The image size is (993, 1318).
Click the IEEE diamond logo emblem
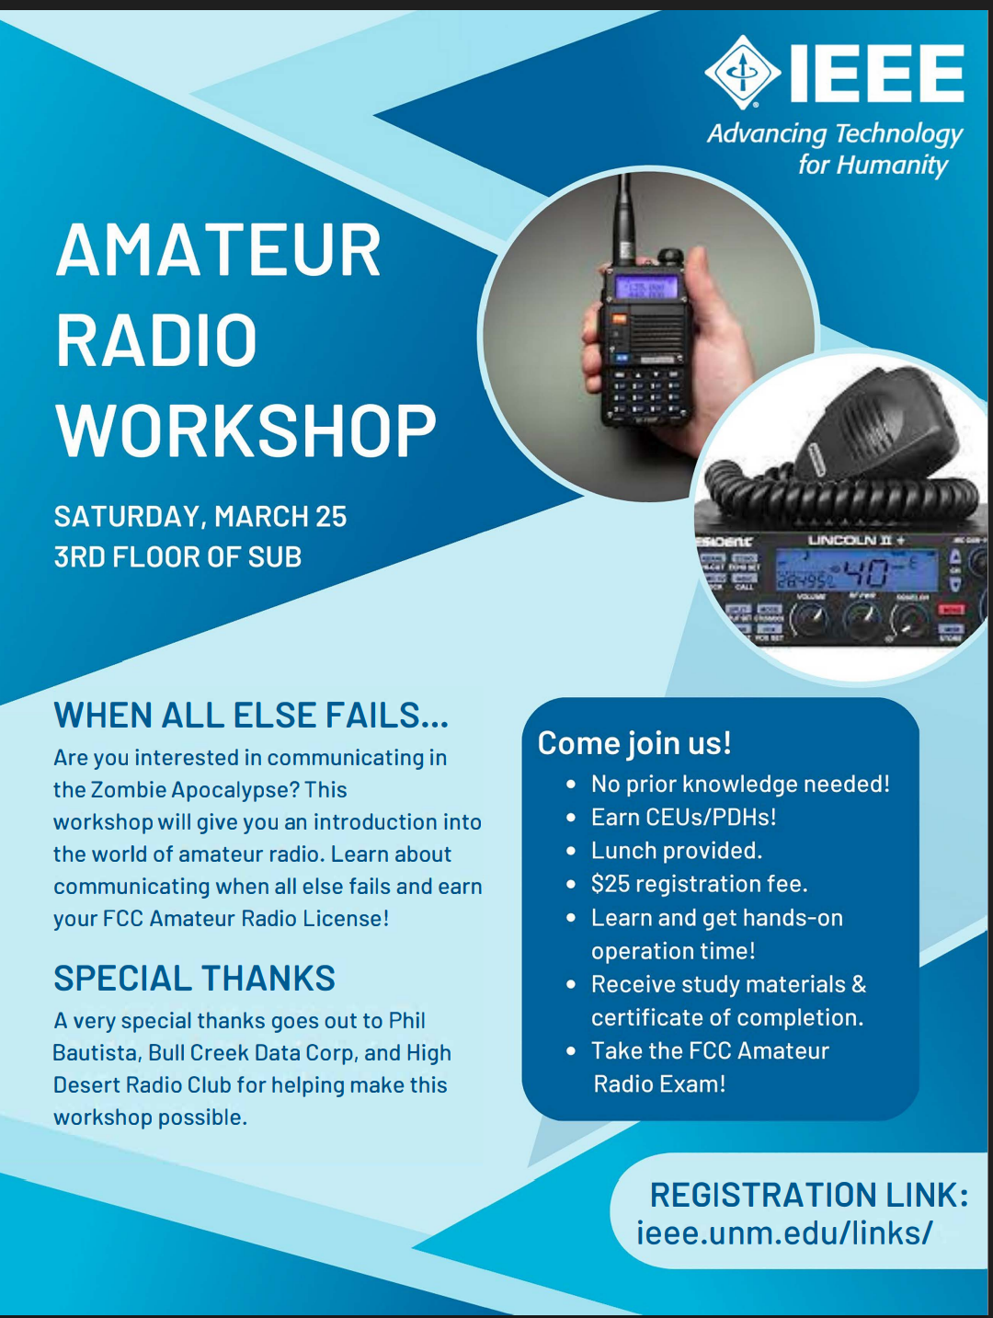coord(743,72)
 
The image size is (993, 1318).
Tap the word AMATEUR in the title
coord(219,250)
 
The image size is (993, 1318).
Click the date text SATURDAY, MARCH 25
coord(200,516)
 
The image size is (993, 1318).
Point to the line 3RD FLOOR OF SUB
coord(177,556)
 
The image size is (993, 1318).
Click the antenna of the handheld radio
coord(624,220)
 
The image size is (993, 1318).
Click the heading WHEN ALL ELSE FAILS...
coord(251,716)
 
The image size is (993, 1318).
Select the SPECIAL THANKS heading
coord(194,978)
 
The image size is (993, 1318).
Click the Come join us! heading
coord(634,743)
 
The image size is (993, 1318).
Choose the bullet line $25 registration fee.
coord(699,884)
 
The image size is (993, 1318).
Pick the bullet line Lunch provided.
coord(676,851)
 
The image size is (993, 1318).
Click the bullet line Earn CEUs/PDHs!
coord(683,818)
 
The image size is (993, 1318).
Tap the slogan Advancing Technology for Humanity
coord(835,150)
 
